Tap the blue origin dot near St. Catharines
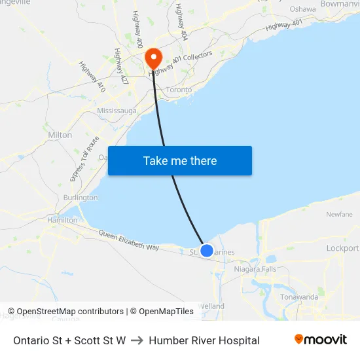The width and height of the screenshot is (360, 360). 207,250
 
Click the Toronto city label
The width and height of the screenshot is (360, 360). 179,90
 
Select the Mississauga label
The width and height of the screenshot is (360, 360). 117,111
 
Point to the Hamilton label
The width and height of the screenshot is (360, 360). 62,221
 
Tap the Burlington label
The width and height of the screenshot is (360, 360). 81,198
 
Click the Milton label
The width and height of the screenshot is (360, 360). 60,135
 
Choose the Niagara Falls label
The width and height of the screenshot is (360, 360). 255,268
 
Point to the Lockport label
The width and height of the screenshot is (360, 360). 342,248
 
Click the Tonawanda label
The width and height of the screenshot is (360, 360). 299,297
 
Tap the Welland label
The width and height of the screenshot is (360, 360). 211,306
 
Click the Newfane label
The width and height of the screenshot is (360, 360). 339,214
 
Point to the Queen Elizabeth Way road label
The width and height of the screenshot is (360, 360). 129,240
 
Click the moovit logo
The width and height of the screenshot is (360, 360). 321,340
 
